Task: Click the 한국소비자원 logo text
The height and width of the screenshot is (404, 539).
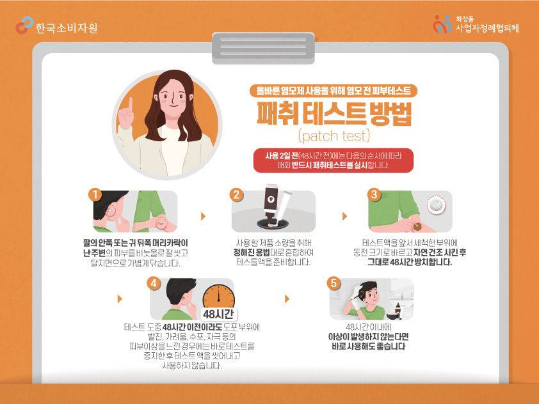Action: tap(67, 27)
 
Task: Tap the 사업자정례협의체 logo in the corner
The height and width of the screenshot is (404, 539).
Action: tap(476, 24)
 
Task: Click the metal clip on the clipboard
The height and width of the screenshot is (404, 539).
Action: tap(263, 48)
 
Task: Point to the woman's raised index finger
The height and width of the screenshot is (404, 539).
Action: tap(131, 104)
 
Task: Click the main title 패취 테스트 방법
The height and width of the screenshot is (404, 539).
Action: tap(334, 114)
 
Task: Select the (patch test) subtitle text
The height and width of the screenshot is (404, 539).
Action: tap(334, 136)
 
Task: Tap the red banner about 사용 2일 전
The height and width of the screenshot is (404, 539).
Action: tap(334, 160)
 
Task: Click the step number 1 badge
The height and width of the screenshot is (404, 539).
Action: tap(95, 194)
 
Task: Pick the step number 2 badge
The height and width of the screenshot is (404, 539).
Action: tap(236, 194)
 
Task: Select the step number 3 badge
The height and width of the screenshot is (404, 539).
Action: tap(374, 194)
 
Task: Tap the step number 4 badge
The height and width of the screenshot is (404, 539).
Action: tap(154, 283)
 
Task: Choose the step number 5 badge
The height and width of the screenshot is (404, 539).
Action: tap(334, 283)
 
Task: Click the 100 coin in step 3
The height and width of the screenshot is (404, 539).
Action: tap(436, 205)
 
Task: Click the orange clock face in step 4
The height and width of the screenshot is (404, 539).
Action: tap(219, 296)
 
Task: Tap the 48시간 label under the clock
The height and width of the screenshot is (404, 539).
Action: tap(219, 314)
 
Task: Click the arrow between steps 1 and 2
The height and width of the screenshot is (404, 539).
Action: tap(203, 216)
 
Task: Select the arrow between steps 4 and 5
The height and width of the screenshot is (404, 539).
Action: tap(287, 299)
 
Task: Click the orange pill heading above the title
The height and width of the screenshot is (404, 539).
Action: tap(334, 91)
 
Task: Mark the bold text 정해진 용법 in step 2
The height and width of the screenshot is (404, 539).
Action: tap(252, 252)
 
